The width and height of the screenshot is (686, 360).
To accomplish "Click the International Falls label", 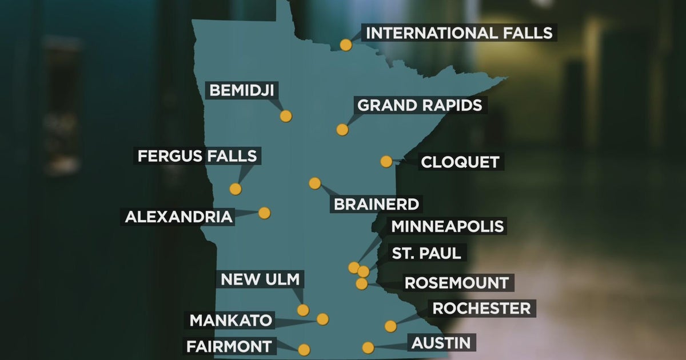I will pyautogui.click(x=460, y=33).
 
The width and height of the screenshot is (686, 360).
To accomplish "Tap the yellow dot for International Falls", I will pyautogui.click(x=346, y=45).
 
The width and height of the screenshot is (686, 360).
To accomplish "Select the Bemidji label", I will pyautogui.click(x=242, y=90).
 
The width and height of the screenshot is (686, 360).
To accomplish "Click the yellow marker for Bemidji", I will pyautogui.click(x=286, y=116).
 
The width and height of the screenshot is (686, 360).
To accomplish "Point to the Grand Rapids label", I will pyautogui.click(x=419, y=105).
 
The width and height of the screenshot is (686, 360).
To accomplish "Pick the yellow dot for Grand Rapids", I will pyautogui.click(x=342, y=130).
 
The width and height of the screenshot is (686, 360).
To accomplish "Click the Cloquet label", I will pyautogui.click(x=460, y=162).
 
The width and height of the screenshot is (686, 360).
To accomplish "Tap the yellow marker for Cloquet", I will pyautogui.click(x=386, y=162).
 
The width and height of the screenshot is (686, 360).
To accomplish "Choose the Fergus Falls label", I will pyautogui.click(x=197, y=155).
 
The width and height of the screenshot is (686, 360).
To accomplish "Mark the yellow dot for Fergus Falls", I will pyautogui.click(x=236, y=189).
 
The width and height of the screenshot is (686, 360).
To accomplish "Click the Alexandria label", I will pyautogui.click(x=179, y=217).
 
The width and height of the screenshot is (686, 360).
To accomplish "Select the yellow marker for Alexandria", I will pyautogui.click(x=264, y=213).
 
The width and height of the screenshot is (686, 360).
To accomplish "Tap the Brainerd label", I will pyautogui.click(x=376, y=204).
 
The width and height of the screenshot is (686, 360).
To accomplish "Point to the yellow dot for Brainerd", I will pyautogui.click(x=315, y=183).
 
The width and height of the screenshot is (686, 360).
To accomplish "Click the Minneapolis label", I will pyautogui.click(x=447, y=226).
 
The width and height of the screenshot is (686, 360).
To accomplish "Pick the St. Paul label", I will pyautogui.click(x=426, y=253).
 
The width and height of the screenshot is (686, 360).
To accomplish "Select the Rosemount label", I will pyautogui.click(x=456, y=282).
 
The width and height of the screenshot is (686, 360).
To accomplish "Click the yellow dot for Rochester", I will pyautogui.click(x=390, y=326).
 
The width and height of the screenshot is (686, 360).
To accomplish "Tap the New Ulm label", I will pyautogui.click(x=260, y=280).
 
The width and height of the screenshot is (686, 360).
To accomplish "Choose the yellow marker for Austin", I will pyautogui.click(x=368, y=347).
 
